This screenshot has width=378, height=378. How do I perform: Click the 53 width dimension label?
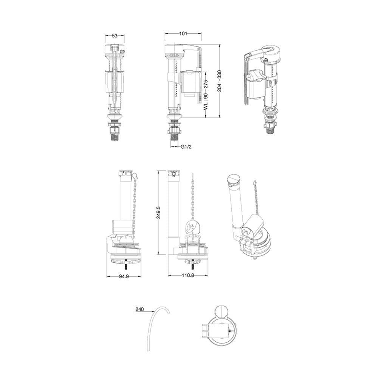115,36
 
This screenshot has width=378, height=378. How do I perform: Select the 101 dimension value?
183,34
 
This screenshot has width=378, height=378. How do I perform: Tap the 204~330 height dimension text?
219,81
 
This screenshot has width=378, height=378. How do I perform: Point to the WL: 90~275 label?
206,94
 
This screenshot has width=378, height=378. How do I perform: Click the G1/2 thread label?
186,147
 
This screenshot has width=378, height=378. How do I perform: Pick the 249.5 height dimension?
159,212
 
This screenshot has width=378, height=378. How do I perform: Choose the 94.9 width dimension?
124,276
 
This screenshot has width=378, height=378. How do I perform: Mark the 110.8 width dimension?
188,275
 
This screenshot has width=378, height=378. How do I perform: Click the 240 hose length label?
139,309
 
